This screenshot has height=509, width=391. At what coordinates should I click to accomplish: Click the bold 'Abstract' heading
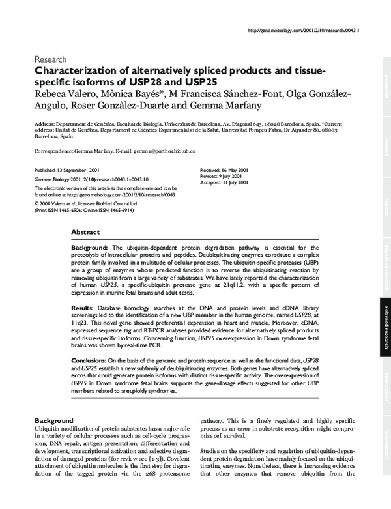pos(85,232)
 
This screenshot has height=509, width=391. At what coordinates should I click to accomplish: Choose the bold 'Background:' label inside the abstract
pos(90,250)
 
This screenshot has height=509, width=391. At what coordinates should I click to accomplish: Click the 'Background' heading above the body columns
pos(54,421)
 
